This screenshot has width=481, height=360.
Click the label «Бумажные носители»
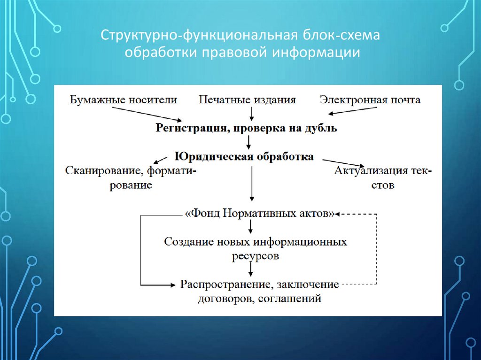coord(124,100)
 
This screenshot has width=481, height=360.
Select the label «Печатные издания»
coord(247,100)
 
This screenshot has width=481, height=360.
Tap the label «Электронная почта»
coord(370,100)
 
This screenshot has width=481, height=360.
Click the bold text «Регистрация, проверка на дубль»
coord(246,128)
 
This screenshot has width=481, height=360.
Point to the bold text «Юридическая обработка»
coord(244,156)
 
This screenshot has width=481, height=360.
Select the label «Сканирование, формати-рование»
coord(131,177)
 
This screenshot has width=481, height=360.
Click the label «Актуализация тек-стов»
coord(383,177)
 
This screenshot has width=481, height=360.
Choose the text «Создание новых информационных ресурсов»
coord(256,248)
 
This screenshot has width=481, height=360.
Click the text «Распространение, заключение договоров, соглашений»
coord(259,291)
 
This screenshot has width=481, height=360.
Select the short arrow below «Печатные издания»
coord(252,114)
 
